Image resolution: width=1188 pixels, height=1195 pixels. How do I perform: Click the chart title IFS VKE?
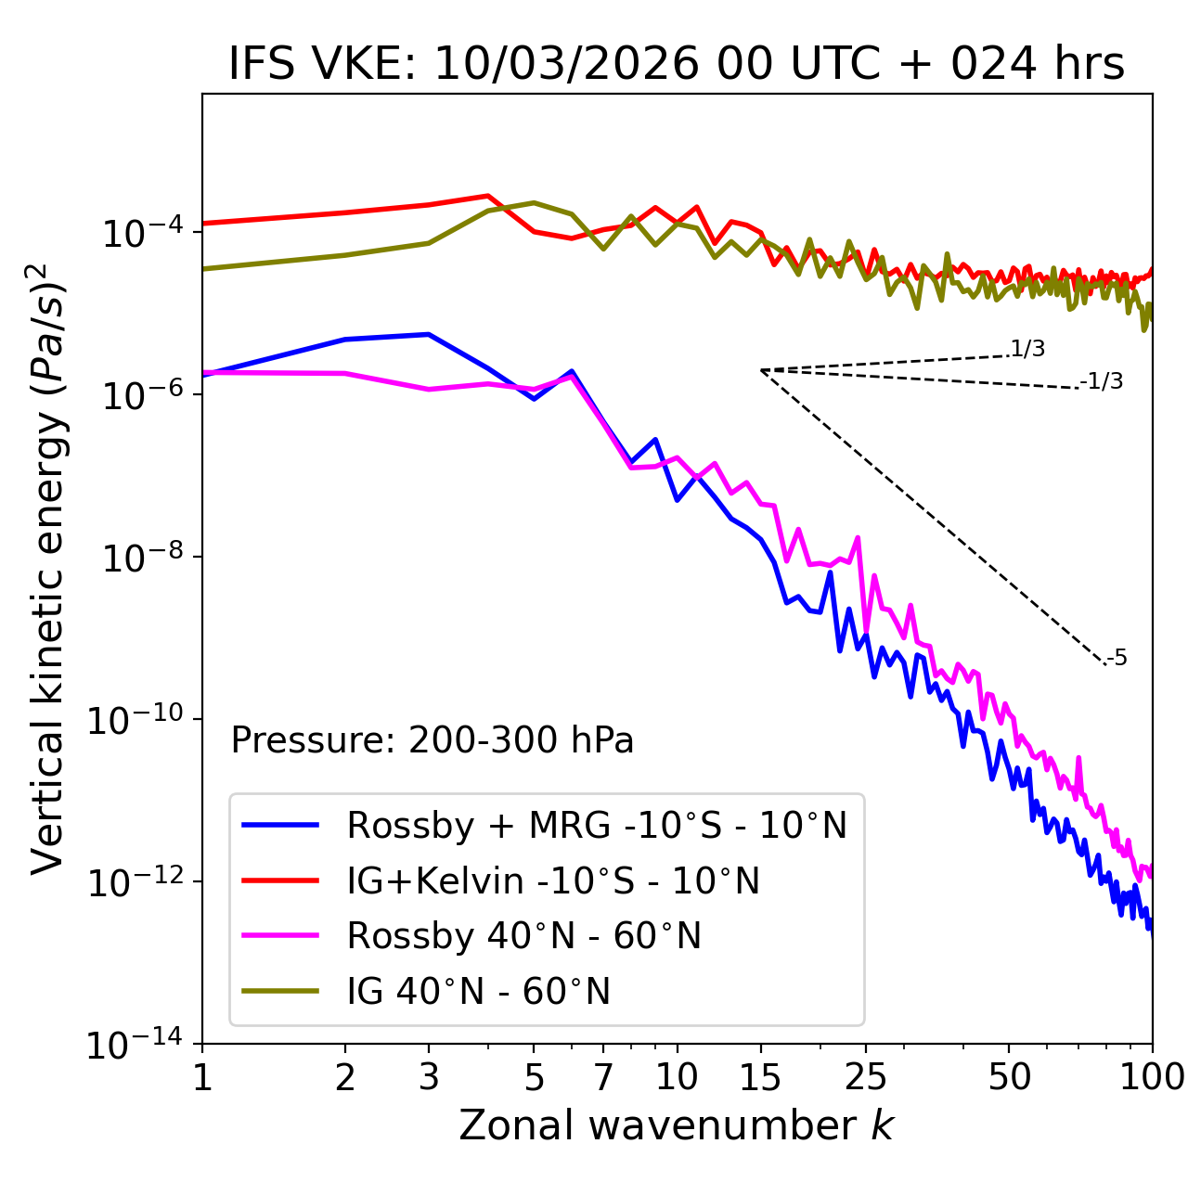click(x=677, y=65)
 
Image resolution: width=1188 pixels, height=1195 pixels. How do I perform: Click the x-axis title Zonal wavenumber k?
click(x=676, y=1125)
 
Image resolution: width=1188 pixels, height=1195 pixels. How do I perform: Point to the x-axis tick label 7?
click(x=603, y=1077)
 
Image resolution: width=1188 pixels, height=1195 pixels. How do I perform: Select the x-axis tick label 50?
click(x=1009, y=1077)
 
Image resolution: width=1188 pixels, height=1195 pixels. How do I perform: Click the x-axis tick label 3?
click(x=429, y=1077)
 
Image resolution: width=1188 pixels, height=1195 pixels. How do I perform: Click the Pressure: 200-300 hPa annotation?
click(x=433, y=740)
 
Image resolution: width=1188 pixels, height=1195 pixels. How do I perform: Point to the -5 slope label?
click(x=1117, y=659)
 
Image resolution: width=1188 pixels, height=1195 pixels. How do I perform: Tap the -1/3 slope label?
click(x=1103, y=381)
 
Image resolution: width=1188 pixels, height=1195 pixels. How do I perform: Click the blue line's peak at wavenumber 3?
click(x=428, y=334)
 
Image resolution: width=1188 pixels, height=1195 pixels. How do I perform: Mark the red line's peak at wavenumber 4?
click(x=487, y=196)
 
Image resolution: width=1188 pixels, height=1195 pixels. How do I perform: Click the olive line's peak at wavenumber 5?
click(x=534, y=202)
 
